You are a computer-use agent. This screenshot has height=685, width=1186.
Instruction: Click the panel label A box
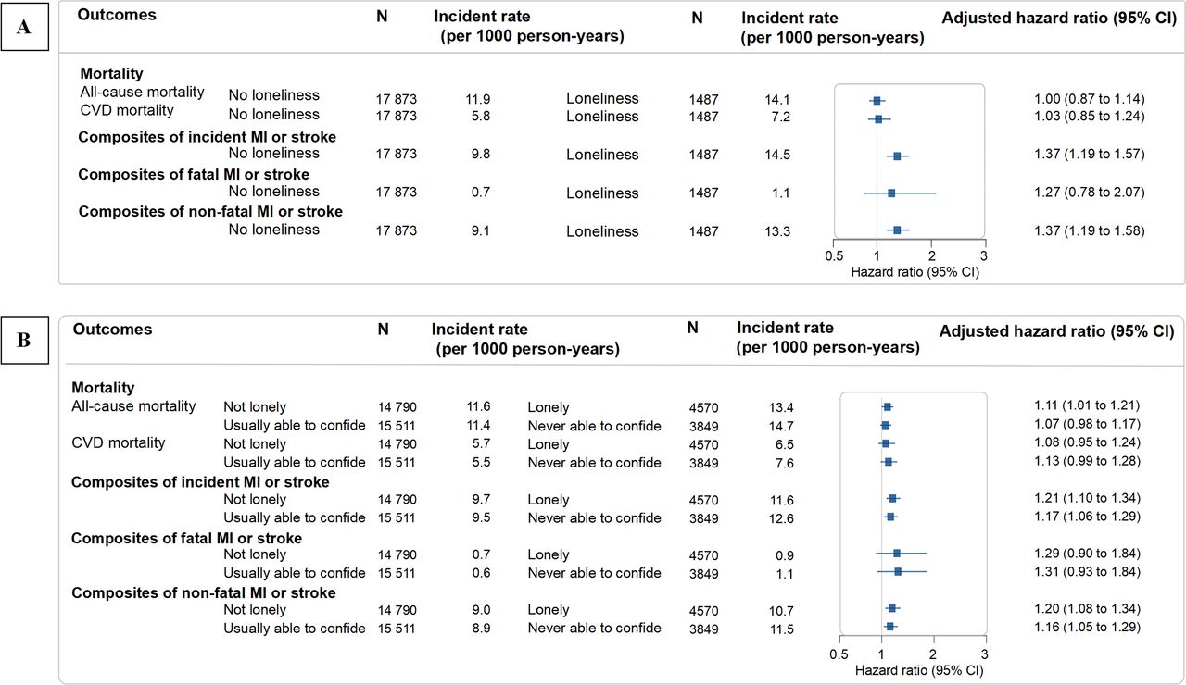(24, 28)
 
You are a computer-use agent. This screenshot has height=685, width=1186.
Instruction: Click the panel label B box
(24, 340)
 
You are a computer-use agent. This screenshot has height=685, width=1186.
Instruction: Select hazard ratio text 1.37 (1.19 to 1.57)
(1090, 154)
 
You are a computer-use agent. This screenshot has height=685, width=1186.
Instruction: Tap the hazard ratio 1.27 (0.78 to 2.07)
(1090, 193)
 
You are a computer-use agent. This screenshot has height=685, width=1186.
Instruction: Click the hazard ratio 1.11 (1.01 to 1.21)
(1087, 405)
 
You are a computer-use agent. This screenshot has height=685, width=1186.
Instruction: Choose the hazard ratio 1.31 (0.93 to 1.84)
(1087, 571)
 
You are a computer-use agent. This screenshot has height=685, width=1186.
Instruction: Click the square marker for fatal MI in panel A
(891, 193)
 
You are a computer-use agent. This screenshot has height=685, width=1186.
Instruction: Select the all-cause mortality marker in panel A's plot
(877, 99)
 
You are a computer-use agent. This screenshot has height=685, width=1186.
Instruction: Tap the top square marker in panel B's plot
(887, 406)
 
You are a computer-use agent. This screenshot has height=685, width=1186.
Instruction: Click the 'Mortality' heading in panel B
(103, 388)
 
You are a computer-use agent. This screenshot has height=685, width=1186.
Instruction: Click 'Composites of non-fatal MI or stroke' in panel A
(210, 211)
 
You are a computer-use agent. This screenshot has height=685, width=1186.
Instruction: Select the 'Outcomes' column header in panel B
(112, 330)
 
